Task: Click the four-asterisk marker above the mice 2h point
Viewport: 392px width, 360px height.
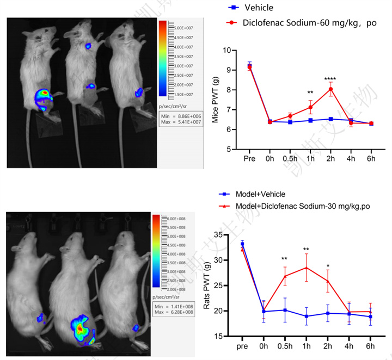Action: (330, 79)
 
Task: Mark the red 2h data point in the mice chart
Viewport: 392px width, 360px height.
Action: (330, 89)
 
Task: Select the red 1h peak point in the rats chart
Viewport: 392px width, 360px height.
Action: (307, 268)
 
